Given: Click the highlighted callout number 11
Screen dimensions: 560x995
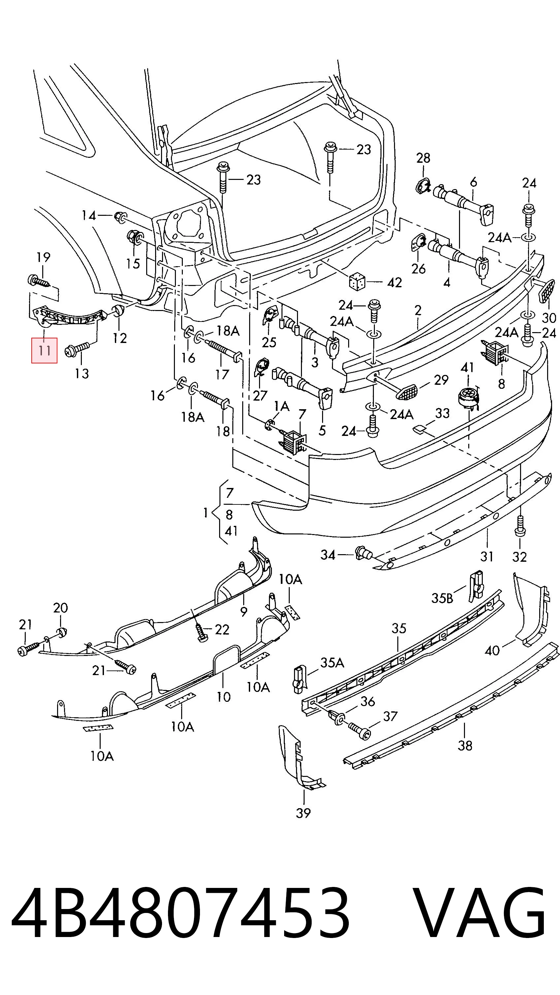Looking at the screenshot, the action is tap(45, 351).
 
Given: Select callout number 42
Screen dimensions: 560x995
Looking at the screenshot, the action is tap(394, 283).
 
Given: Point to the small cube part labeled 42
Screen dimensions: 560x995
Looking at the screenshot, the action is tap(357, 281).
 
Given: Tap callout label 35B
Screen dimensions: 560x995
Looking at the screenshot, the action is tap(442, 598).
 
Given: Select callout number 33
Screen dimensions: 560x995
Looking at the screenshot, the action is tap(443, 413).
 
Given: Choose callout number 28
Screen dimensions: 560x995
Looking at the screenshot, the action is tap(423, 157).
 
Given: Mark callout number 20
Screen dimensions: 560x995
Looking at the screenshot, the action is tap(60, 608).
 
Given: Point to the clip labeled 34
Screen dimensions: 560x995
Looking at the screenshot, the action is tap(363, 553).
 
